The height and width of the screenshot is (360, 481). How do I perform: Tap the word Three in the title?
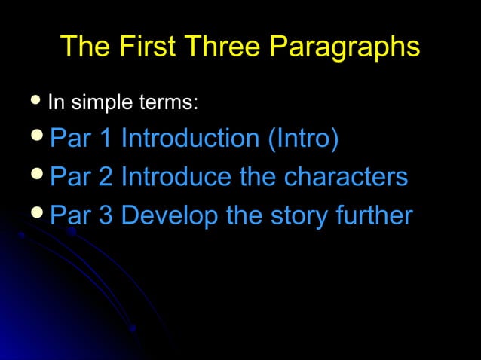(223, 47)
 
